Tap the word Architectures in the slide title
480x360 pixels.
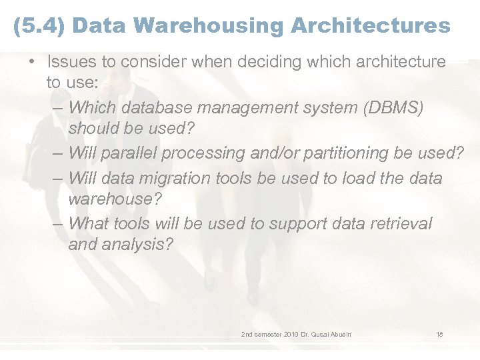(370, 26)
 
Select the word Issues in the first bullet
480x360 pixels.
(69, 62)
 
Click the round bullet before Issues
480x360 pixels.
(31, 63)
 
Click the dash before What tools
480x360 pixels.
(59, 224)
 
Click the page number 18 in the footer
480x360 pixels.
(439, 334)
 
